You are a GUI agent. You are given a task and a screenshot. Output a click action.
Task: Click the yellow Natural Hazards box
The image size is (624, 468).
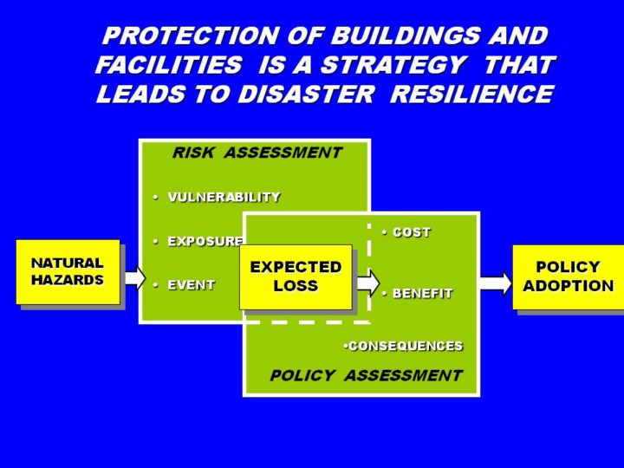(68, 272)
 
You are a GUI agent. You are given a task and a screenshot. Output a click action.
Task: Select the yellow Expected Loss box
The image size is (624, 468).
(296, 277)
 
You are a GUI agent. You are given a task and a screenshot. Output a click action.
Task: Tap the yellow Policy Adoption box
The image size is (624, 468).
(569, 277)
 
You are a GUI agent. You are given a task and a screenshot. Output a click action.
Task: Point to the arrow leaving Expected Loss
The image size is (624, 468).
(368, 283)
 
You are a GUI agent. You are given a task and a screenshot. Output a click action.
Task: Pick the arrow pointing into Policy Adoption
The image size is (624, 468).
(496, 283)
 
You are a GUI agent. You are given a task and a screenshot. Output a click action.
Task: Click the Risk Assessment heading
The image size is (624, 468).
(257, 153)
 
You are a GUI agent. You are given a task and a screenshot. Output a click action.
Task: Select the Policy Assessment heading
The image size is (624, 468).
(366, 375)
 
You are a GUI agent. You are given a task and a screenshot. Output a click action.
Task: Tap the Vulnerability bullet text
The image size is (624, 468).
(224, 197)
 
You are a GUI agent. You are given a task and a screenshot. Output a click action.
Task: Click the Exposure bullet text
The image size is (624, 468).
(205, 242)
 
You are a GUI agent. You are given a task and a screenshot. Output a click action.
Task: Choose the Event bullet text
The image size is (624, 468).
(191, 285)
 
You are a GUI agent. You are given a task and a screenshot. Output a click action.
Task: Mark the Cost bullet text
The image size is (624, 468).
(412, 232)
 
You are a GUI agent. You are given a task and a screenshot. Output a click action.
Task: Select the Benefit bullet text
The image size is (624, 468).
(423, 293)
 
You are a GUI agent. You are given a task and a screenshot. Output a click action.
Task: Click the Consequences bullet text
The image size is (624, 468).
(406, 346)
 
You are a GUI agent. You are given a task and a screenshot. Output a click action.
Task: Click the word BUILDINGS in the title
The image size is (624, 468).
(406, 36)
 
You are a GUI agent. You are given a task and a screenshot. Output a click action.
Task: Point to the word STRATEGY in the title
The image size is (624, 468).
(393, 64)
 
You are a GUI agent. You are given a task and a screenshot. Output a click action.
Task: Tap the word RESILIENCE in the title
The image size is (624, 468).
(472, 94)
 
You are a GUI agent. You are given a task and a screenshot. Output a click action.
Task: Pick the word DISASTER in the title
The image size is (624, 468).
(306, 94)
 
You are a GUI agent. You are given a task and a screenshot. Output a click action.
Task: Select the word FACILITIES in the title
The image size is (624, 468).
(169, 64)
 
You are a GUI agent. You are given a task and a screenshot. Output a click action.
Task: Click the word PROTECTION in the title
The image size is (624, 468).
(192, 36)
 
